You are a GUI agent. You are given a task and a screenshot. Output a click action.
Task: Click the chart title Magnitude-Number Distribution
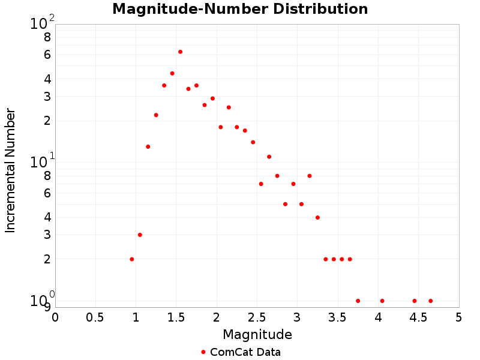pyautogui.click(x=240, y=9)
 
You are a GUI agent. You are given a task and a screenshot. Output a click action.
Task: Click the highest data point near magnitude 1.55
pyautogui.click(x=180, y=52)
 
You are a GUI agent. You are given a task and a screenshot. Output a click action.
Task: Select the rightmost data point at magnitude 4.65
pyautogui.click(x=430, y=301)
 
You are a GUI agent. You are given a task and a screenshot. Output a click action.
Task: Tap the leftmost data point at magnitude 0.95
pyautogui.click(x=131, y=259)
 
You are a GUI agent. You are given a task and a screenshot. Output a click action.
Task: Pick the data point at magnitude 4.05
pyautogui.click(x=382, y=301)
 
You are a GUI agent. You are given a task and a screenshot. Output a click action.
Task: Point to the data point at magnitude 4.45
pyautogui.click(x=415, y=301)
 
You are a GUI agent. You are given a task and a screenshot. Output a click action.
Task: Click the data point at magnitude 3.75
pyautogui.click(x=358, y=301)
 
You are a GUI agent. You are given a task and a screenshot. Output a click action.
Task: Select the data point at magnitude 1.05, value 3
pyautogui.click(x=140, y=235)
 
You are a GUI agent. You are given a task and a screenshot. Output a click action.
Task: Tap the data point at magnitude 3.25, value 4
pyautogui.click(x=317, y=217)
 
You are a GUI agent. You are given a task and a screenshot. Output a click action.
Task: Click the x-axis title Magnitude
pyautogui.click(x=257, y=334)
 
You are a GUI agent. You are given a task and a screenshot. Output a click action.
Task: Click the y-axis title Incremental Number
pyautogui.click(x=10, y=170)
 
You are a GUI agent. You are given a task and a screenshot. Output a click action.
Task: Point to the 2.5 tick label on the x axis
pyautogui.click(x=257, y=316)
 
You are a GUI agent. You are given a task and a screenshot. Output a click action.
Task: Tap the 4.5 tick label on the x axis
pyautogui.click(x=418, y=316)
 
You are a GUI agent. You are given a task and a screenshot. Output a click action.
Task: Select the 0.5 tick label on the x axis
pyautogui.click(x=95, y=316)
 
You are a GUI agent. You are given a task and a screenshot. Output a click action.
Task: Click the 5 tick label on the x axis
pyautogui.click(x=458, y=316)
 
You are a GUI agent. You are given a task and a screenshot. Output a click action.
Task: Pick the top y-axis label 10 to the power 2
pyautogui.click(x=42, y=23)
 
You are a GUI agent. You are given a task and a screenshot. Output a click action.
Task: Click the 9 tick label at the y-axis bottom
pyautogui.click(x=47, y=307)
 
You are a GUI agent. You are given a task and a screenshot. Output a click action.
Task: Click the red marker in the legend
pyautogui.click(x=203, y=352)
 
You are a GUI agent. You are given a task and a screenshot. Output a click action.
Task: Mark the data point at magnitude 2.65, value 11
pyautogui.click(x=269, y=157)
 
